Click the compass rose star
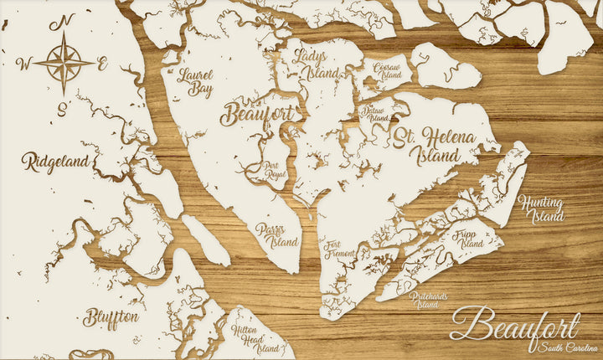(64, 62)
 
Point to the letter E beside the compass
(102, 63)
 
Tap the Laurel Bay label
(195, 83)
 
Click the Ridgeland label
(55, 161)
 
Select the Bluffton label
(111, 317)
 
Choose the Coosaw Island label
(387, 70)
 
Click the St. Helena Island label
(435, 146)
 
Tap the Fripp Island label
(472, 237)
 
